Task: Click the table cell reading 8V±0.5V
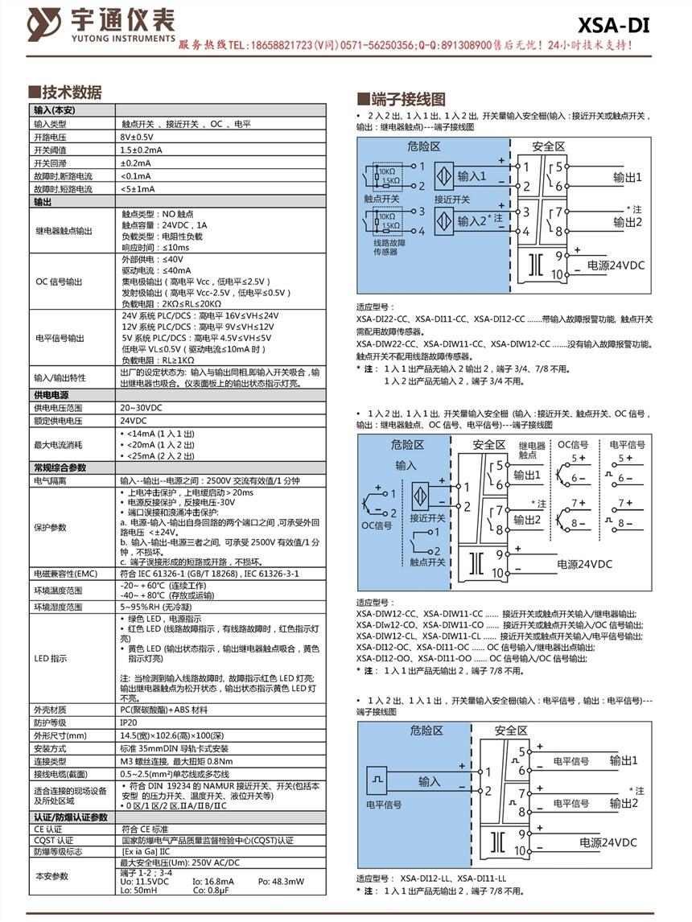(137, 138)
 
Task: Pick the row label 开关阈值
(48, 150)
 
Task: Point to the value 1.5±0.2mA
(142, 150)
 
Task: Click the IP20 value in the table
(129, 722)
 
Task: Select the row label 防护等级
(49, 722)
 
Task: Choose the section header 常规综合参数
(60, 467)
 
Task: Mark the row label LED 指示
(50, 659)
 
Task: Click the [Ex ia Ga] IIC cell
(146, 850)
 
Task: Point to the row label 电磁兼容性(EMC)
(64, 574)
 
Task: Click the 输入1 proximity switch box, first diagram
(462, 176)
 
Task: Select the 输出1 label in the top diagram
(627, 177)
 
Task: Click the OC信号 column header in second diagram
(573, 445)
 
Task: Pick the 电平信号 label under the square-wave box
(384, 804)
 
